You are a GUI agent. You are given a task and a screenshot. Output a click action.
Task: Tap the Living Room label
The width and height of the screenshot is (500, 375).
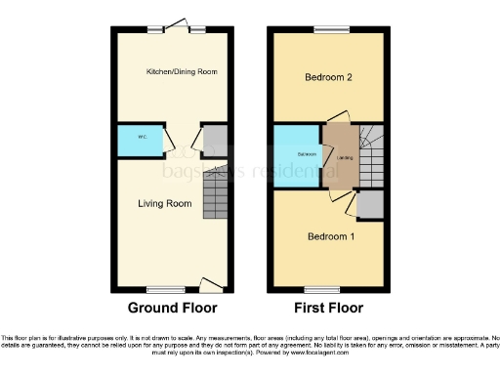click(x=163, y=203)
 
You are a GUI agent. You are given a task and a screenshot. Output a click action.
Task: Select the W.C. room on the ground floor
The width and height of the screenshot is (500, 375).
click(x=140, y=140)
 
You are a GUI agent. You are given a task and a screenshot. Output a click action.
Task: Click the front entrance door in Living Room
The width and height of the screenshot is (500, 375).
click(x=212, y=284)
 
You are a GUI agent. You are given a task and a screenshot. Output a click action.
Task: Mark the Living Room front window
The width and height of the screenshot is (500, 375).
click(x=165, y=289)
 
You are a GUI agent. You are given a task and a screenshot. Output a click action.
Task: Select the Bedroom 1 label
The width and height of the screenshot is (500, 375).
click(x=331, y=236)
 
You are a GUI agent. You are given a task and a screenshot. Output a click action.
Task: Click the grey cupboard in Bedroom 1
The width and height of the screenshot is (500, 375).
click(x=370, y=204)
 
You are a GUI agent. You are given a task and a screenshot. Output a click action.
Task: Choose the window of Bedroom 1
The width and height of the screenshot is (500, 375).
click(x=320, y=289)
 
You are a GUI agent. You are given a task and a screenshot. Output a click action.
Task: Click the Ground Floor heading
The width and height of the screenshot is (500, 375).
click(x=172, y=308)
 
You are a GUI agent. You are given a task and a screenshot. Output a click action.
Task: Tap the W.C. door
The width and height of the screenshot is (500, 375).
click(x=170, y=146)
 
